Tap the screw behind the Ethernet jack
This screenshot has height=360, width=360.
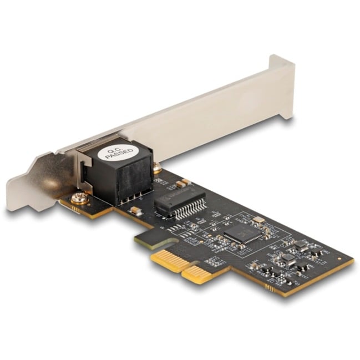pyautogui.click(x=158, y=166)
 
